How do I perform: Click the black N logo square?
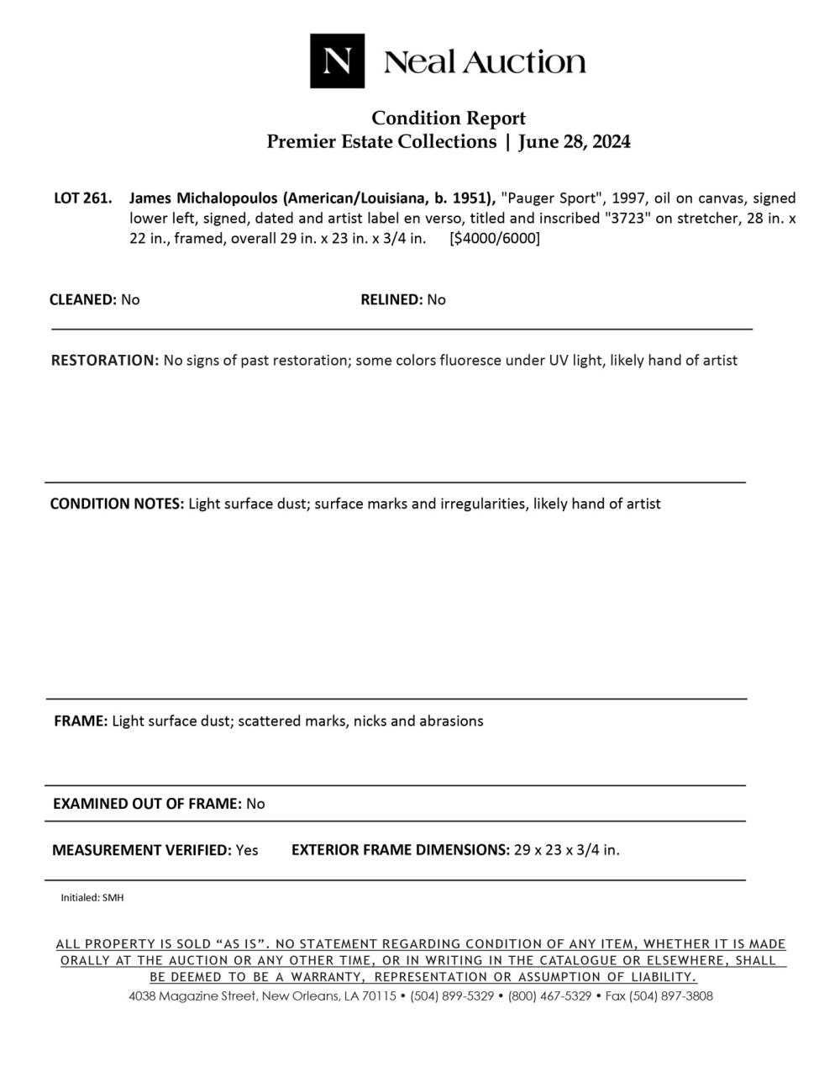click(337, 61)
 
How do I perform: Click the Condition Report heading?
click(449, 118)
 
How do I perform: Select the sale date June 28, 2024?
click(575, 141)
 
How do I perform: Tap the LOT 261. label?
click(82, 198)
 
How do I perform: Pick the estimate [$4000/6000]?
click(495, 238)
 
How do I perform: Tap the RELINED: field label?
click(391, 299)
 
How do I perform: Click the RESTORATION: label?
click(104, 360)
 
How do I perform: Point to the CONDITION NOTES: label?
click(117, 504)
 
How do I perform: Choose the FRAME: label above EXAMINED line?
click(80, 721)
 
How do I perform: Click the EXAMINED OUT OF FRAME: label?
click(147, 803)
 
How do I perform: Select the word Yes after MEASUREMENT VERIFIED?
click(247, 849)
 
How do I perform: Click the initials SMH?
click(113, 898)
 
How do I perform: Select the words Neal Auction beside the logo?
click(485, 61)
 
